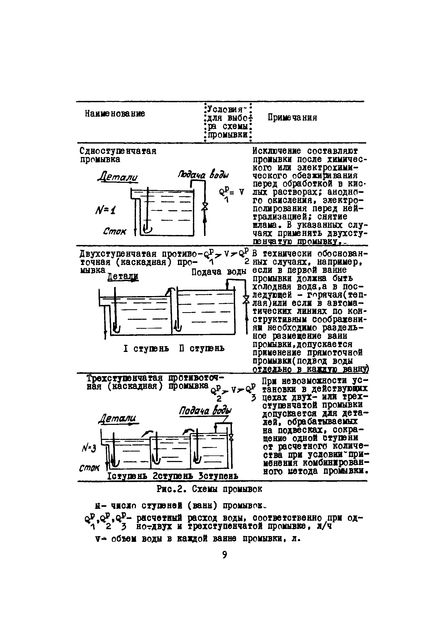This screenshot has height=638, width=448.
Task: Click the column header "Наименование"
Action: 115,113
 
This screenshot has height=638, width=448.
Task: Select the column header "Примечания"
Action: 292,117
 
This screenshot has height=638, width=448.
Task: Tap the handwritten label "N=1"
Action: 105,210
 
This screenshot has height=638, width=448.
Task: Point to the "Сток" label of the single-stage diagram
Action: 114,231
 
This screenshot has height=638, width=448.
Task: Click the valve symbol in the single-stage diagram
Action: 205,207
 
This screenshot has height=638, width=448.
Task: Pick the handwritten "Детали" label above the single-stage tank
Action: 118,177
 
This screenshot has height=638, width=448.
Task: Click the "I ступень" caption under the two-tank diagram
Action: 146,349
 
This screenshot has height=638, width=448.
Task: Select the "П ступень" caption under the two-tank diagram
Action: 202,349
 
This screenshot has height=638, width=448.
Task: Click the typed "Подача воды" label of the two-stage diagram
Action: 219,272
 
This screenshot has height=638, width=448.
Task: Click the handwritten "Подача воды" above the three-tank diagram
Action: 205,411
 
